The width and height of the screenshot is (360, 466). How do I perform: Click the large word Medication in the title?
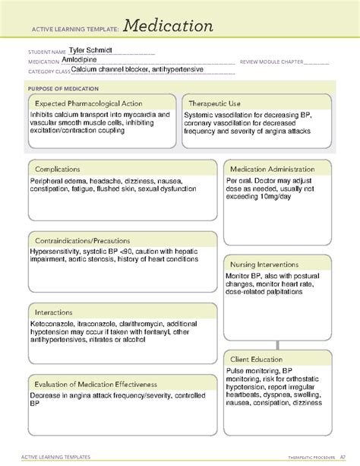(169, 26)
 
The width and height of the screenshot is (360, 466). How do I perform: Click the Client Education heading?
(257, 359)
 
